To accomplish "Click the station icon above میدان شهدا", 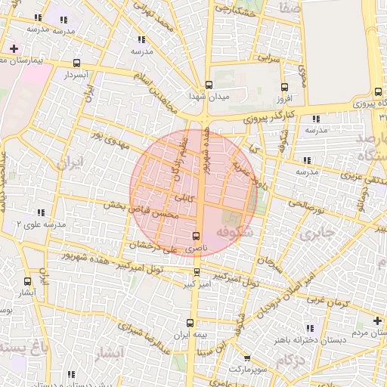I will click(209, 85).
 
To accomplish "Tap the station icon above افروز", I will click(284, 88).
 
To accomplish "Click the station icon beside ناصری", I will click(197, 236).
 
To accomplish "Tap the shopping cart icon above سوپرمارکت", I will click(247, 359).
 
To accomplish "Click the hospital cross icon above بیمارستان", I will click(14, 48).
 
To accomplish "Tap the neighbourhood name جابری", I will click(316, 234).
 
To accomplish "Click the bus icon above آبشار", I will click(27, 281).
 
